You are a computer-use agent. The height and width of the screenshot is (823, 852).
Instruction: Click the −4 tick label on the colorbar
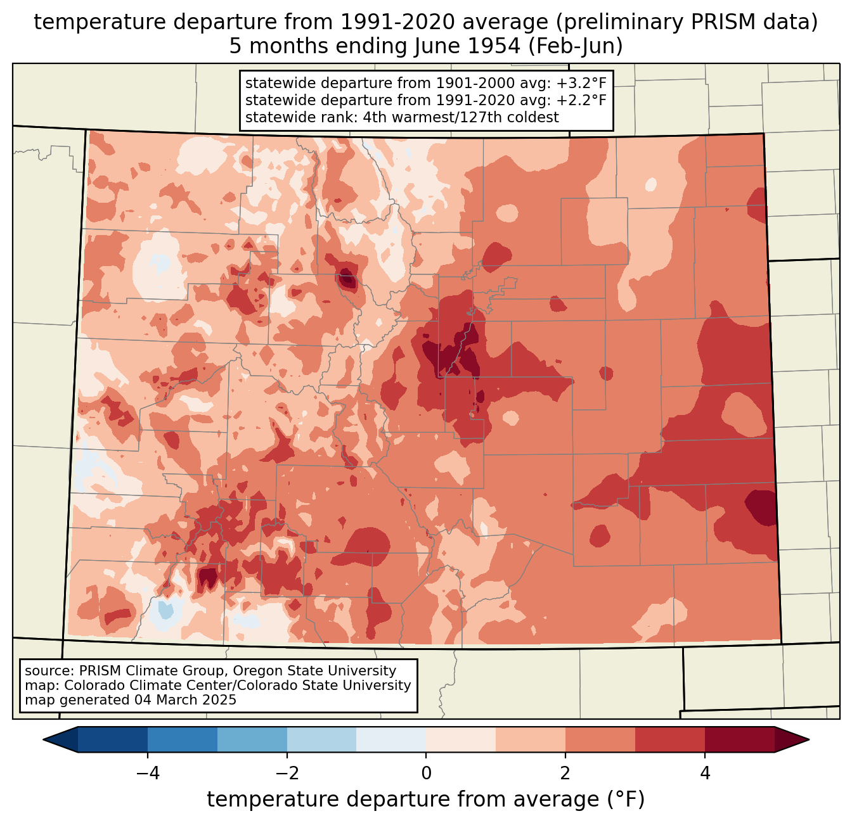click(x=148, y=774)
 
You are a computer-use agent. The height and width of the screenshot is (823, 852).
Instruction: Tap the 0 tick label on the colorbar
click(x=426, y=774)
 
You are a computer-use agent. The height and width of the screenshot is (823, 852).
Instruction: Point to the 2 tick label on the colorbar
click(x=565, y=774)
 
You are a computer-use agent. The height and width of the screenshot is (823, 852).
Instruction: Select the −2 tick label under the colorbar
click(x=287, y=774)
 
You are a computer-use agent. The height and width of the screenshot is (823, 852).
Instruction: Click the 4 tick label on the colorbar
click(x=704, y=774)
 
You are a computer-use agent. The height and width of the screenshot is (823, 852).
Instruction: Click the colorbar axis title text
click(x=425, y=799)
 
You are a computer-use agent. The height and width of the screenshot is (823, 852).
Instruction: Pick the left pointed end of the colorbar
click(x=44, y=740)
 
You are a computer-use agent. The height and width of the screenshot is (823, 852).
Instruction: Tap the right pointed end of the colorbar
click(x=808, y=740)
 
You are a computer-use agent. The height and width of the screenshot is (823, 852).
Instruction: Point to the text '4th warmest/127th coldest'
click(x=461, y=117)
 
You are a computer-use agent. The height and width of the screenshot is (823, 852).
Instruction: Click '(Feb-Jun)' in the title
click(x=576, y=46)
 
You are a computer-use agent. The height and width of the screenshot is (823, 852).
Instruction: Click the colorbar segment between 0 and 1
click(x=461, y=740)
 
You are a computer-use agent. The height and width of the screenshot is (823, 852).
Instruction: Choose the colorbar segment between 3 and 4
click(x=670, y=740)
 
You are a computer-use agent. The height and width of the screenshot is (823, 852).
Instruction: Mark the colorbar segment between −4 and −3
click(x=182, y=740)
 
